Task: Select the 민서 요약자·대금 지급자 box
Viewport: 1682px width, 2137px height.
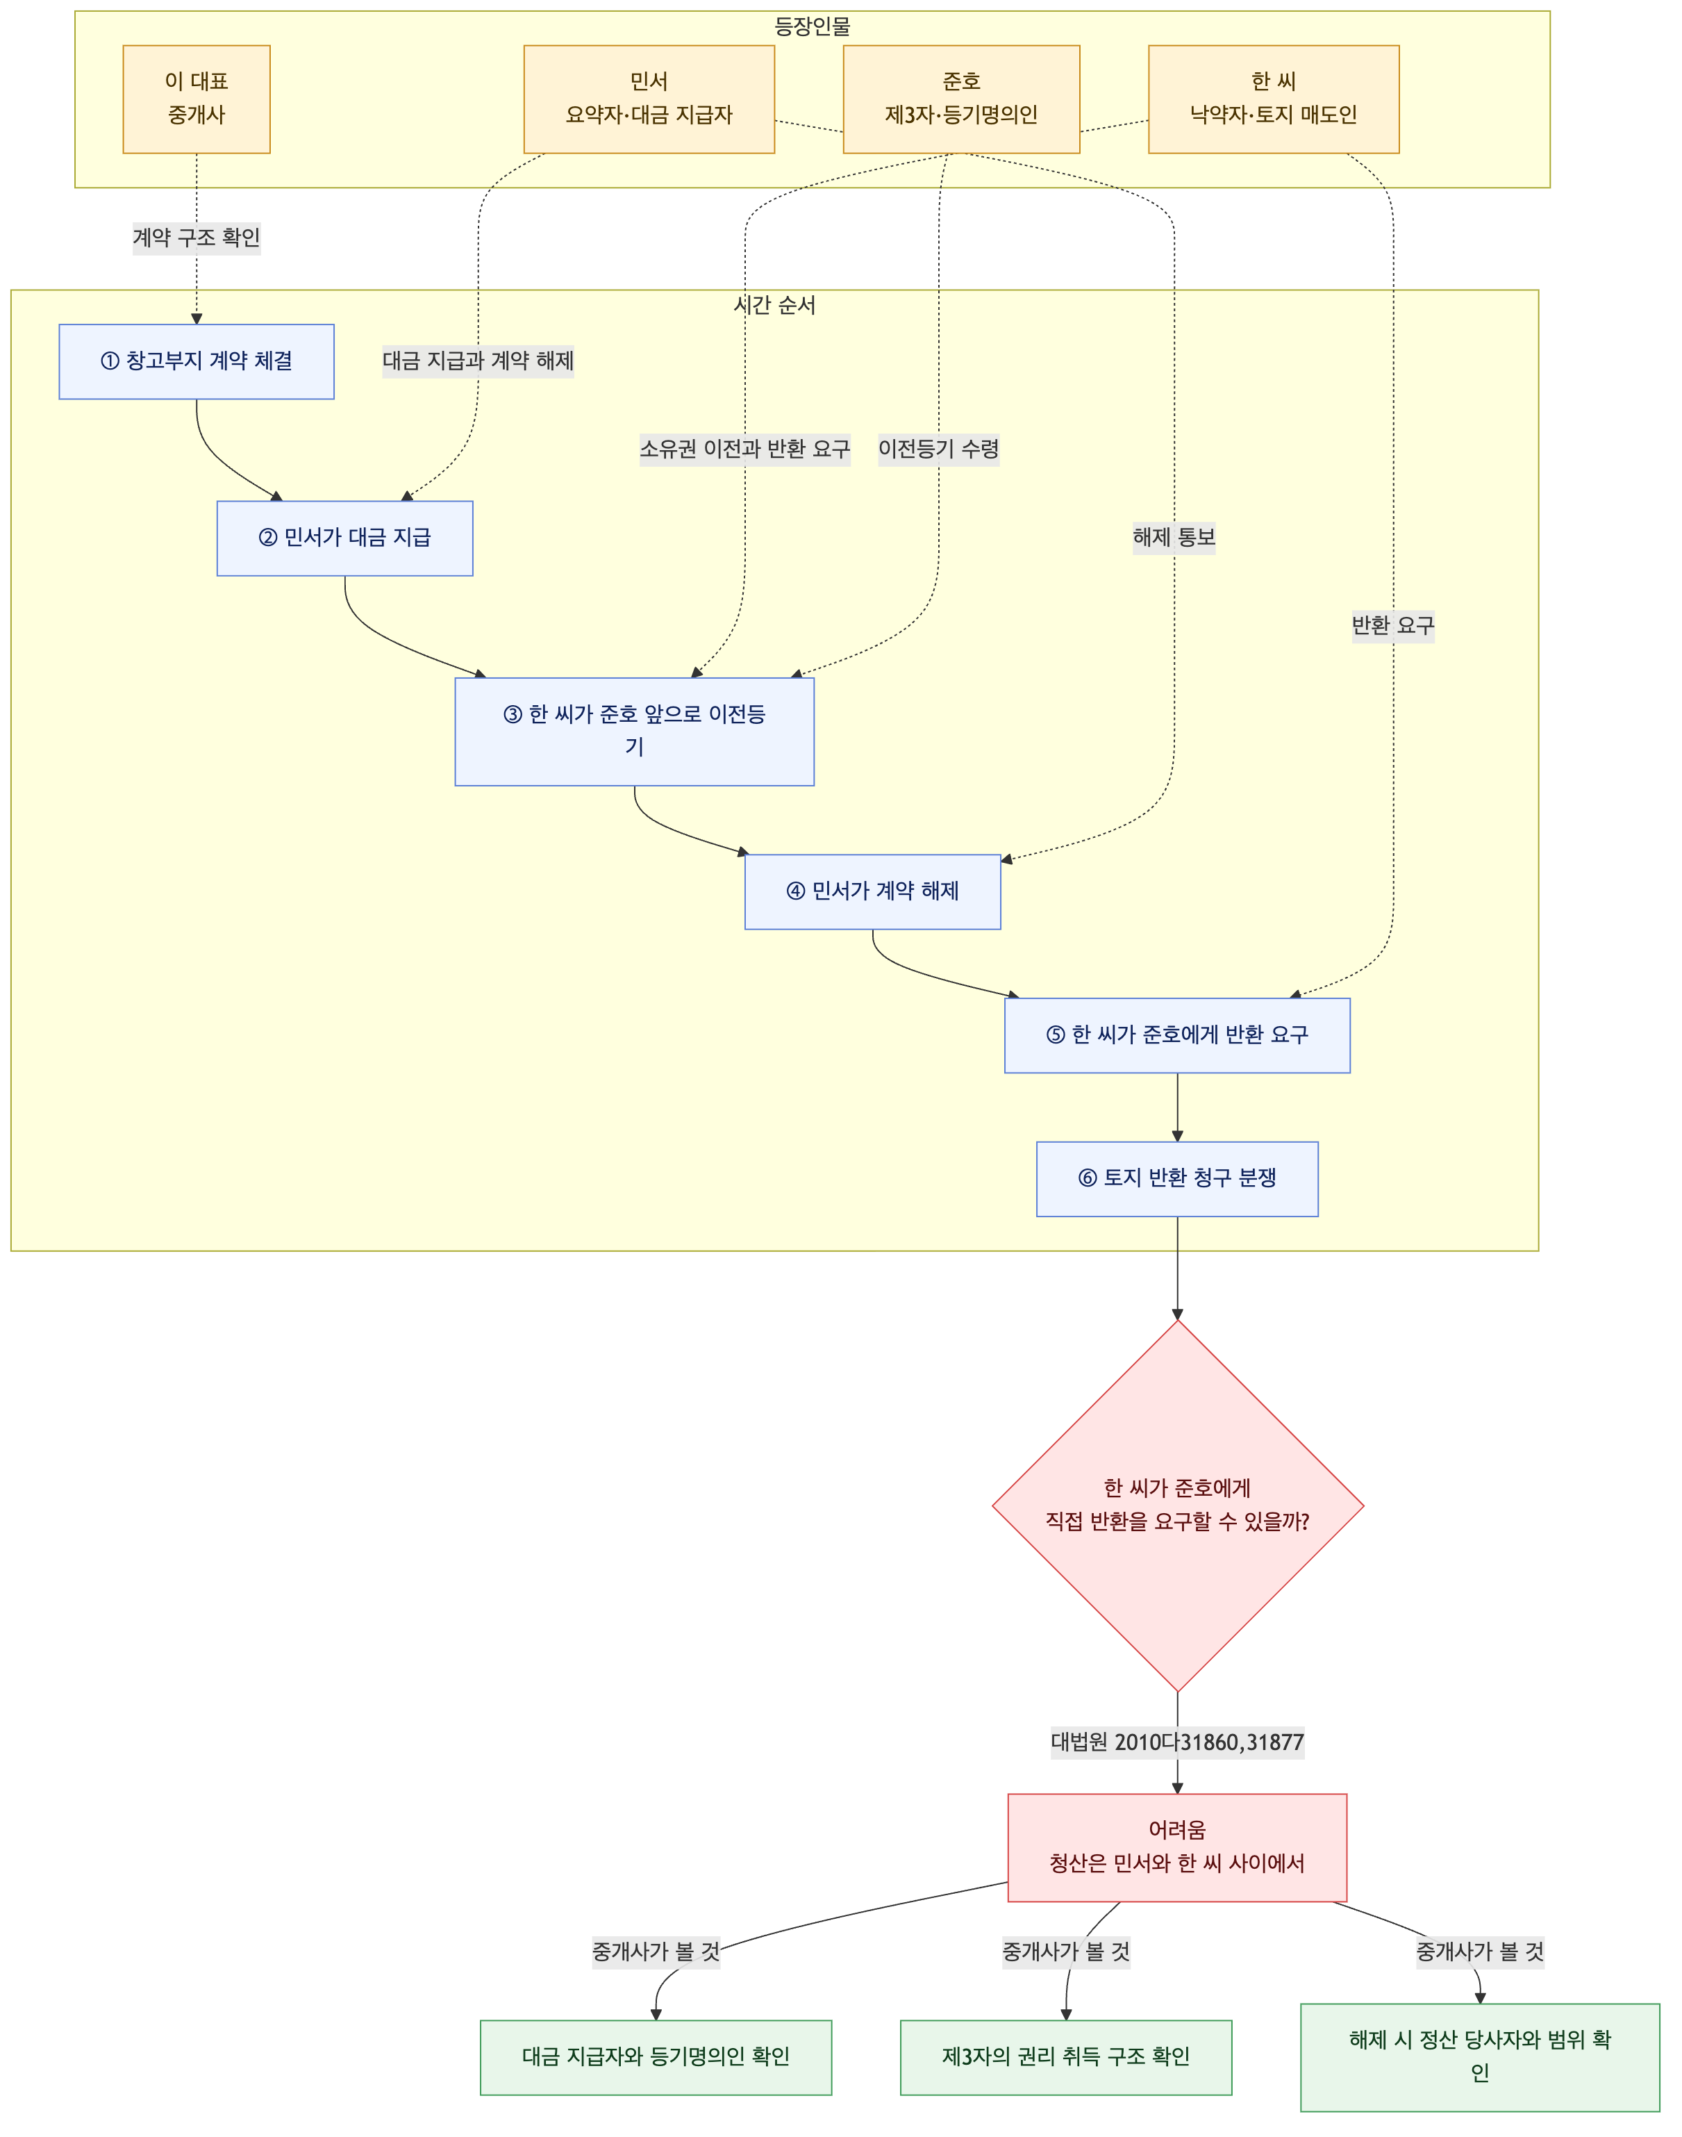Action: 649,99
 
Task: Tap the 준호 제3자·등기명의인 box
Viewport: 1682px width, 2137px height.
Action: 961,99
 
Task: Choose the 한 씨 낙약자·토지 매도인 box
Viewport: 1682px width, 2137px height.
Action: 1274,99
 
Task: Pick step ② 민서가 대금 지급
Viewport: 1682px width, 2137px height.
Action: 344,538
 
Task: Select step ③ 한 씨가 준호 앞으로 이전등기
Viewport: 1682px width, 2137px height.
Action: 634,731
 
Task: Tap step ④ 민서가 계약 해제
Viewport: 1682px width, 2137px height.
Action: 872,891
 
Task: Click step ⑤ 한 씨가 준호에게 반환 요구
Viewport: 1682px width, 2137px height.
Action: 1177,1035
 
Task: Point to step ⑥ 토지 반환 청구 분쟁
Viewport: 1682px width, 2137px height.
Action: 1177,1180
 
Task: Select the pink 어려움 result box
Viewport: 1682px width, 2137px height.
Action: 1177,1847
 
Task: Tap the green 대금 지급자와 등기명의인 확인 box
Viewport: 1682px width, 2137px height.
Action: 656,2057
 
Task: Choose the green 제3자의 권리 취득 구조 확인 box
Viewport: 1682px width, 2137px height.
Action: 1065,2057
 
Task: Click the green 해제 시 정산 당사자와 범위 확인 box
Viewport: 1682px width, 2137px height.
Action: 1480,2057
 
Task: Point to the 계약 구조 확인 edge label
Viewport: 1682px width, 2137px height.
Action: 197,238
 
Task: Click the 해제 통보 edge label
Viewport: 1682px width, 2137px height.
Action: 1174,537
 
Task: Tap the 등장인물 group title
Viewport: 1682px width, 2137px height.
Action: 813,26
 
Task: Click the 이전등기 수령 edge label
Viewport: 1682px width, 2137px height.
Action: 938,449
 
